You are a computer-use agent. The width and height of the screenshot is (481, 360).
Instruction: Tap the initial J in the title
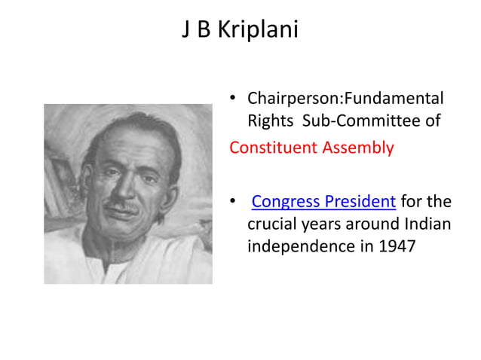186,30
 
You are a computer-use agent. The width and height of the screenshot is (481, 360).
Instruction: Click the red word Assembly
359,148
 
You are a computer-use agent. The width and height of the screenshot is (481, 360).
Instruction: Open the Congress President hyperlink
323,202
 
